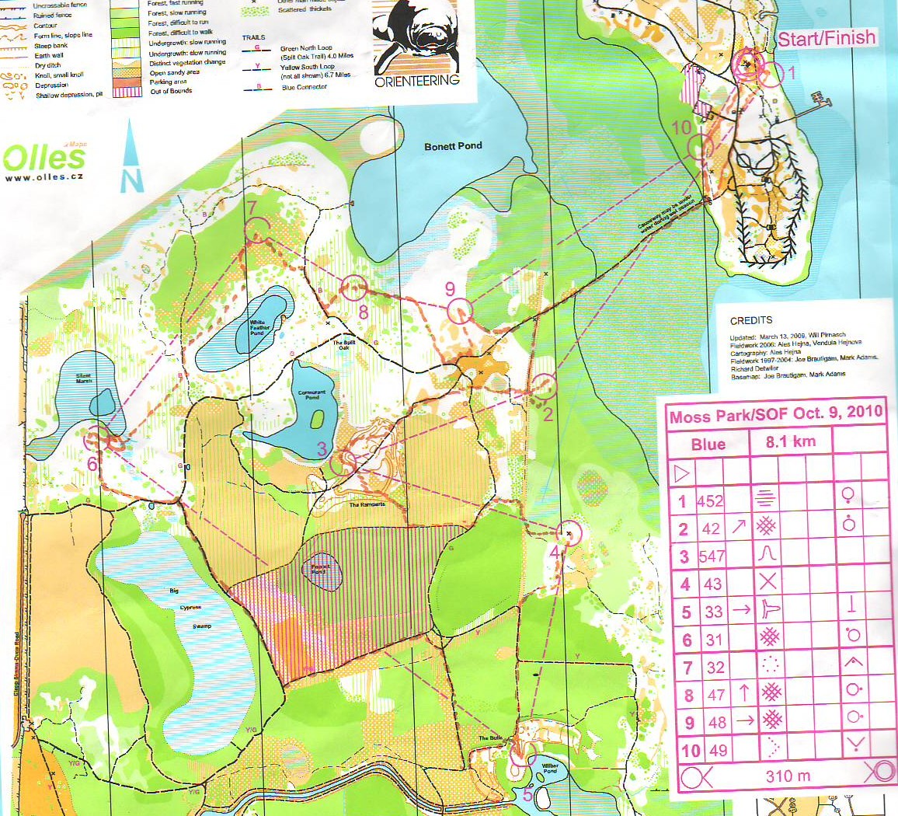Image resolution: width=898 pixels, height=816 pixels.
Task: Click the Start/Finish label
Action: coord(827,38)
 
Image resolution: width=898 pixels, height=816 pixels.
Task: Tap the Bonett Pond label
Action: coord(453,146)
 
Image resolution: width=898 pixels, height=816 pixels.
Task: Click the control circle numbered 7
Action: coord(256,230)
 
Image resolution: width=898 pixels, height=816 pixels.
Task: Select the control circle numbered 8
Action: coord(353,288)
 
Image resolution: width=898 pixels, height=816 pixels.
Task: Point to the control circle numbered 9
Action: coord(459,311)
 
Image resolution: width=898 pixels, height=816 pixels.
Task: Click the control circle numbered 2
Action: coord(545,385)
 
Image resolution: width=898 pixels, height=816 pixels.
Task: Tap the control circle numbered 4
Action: coord(571,533)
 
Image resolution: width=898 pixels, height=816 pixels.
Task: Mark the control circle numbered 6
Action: coord(97,439)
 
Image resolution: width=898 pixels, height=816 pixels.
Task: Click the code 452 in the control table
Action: coord(710,501)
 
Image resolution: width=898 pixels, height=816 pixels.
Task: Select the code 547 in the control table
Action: coord(712,556)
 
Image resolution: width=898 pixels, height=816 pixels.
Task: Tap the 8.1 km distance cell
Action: coord(791,441)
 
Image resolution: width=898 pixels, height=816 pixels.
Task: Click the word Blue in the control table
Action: coord(708,444)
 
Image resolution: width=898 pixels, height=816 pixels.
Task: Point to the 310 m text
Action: coord(788,775)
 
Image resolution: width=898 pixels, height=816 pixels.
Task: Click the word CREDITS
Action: coord(751,320)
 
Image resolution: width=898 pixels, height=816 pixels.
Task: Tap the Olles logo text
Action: coord(44,159)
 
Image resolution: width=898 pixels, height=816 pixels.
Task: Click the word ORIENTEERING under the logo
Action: coord(417,81)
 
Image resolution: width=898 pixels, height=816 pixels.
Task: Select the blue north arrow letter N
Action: coord(132,180)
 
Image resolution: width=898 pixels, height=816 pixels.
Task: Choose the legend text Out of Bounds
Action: coord(171,92)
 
